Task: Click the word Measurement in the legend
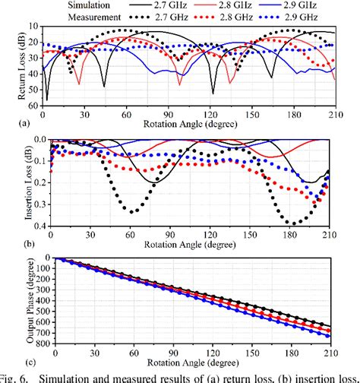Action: point(33,14)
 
